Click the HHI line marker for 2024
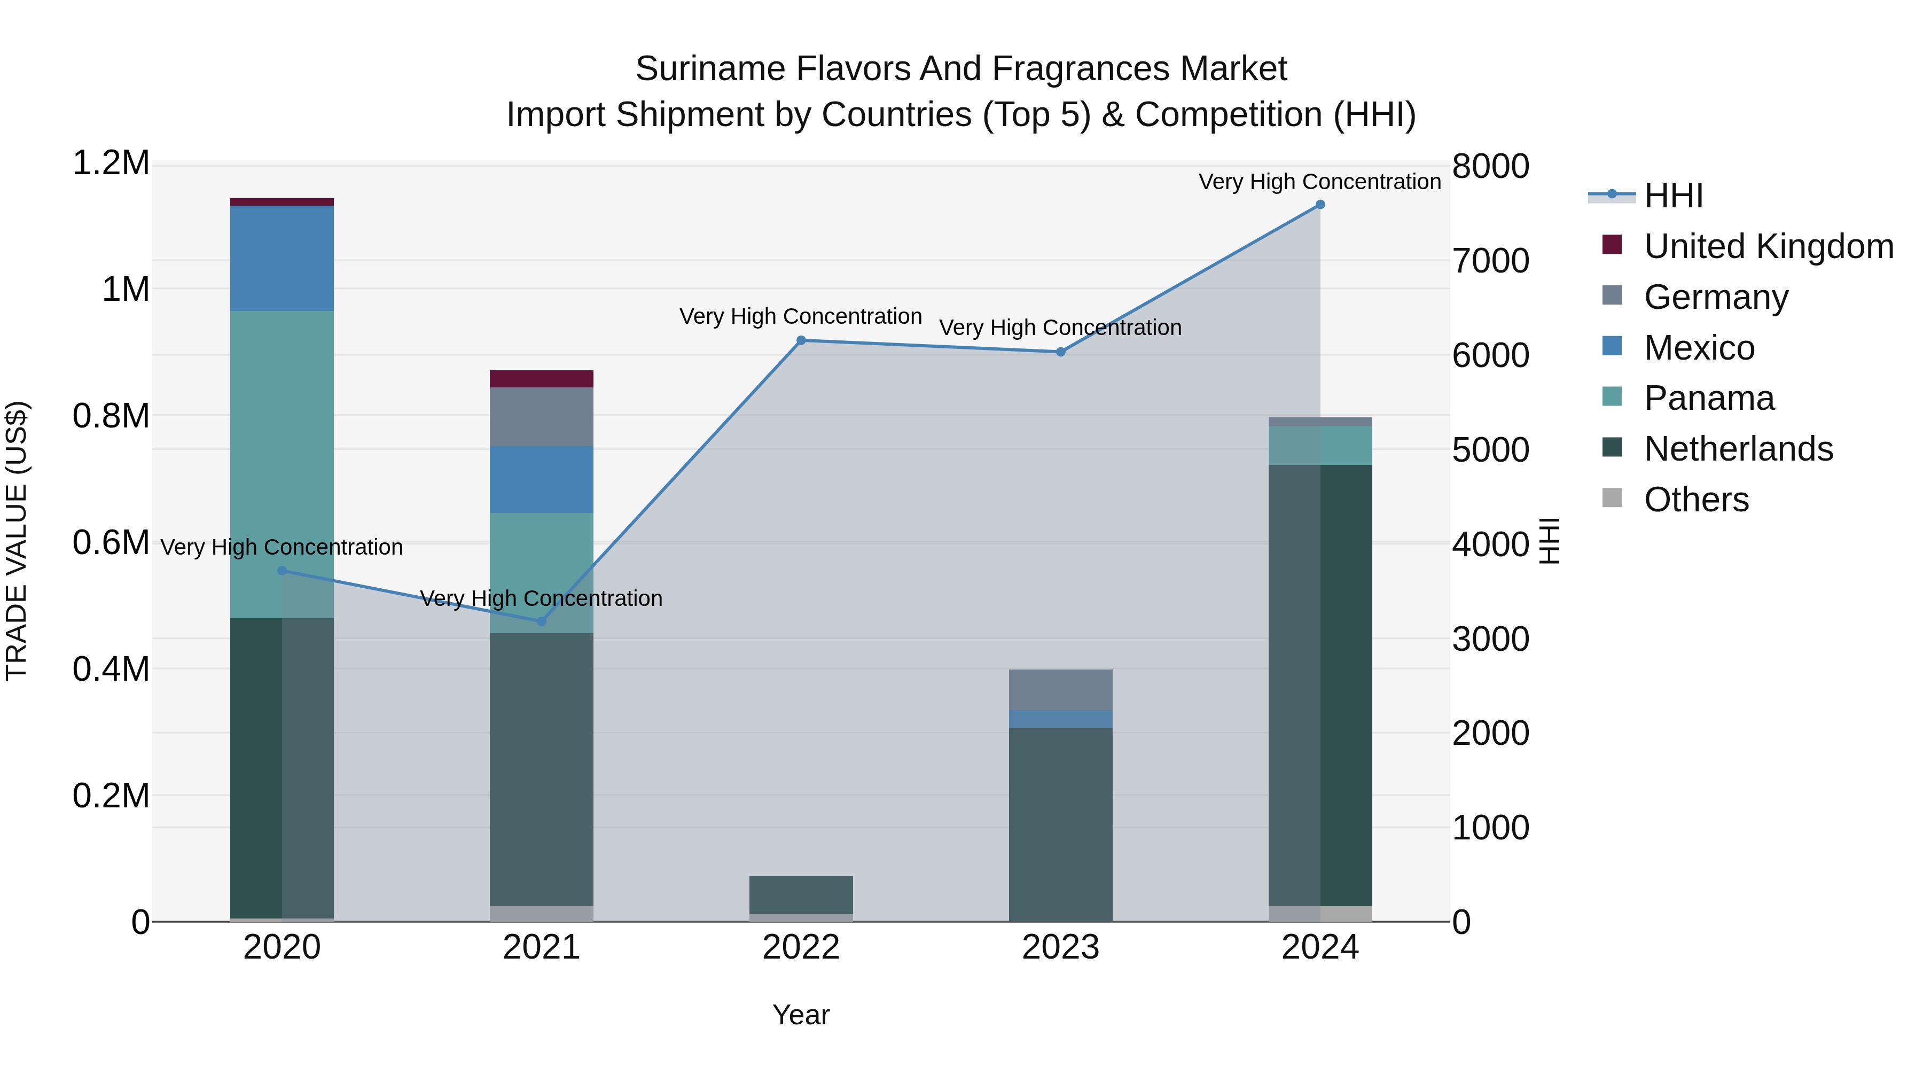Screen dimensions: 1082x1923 [x=1320, y=205]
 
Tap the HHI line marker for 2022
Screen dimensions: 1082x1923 [x=801, y=340]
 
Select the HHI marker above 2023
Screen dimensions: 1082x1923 [x=1061, y=352]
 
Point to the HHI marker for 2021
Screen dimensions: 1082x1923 [x=542, y=621]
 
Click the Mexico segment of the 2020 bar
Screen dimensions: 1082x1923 [x=282, y=259]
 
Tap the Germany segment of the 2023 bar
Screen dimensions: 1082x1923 [x=1061, y=690]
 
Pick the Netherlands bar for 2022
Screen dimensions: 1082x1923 [x=801, y=894]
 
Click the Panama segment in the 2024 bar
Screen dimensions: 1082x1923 [x=1320, y=446]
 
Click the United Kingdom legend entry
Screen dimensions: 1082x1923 [x=1769, y=246]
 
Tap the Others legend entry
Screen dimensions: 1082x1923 [x=1696, y=500]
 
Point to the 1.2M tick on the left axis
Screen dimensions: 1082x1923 [x=111, y=164]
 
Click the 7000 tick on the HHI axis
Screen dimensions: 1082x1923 [x=1490, y=261]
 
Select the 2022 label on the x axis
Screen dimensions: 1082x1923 [x=801, y=947]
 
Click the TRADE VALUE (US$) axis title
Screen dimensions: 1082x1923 [x=17, y=541]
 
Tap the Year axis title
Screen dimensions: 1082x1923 [x=801, y=1015]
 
